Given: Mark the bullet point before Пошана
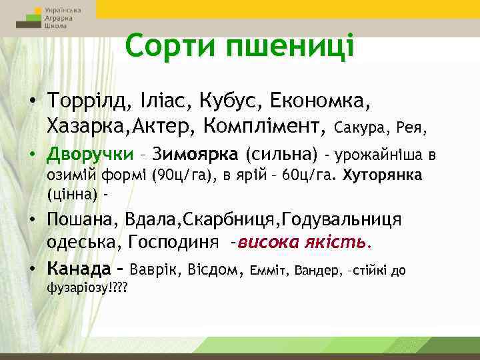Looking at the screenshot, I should click(33, 220).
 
